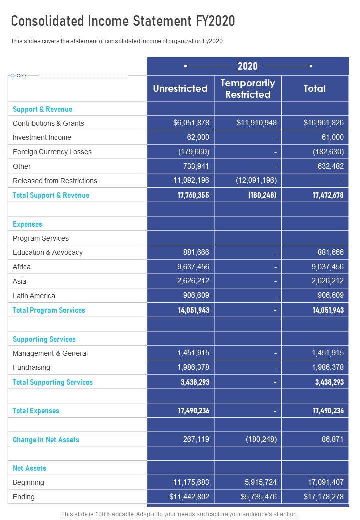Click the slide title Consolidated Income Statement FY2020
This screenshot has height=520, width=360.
point(123,21)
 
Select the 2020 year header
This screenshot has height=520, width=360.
point(248,66)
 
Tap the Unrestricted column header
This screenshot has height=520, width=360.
point(180,89)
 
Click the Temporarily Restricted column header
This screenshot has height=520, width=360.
point(248,89)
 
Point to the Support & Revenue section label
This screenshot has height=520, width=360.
point(42,109)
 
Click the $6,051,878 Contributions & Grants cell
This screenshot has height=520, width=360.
point(191,123)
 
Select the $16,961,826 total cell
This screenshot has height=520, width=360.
point(323,123)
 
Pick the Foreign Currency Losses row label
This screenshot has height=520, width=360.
point(52,152)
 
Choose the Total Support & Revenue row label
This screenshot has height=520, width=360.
point(51,195)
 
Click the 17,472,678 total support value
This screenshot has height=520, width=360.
point(328,195)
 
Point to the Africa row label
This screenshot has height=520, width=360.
point(22,267)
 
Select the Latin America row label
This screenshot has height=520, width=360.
point(34,296)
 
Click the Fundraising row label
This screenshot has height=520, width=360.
point(31,367)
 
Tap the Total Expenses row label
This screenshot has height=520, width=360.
point(36,411)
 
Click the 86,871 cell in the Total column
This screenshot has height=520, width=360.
point(332,439)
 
